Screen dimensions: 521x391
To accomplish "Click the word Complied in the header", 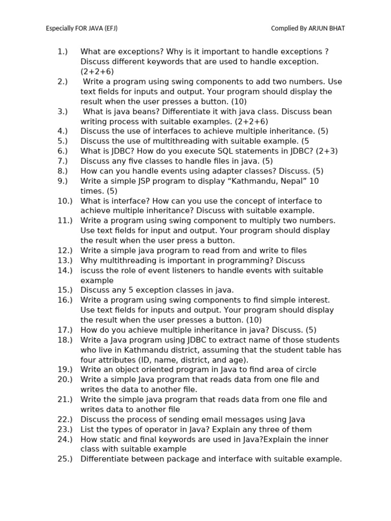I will click(284, 28).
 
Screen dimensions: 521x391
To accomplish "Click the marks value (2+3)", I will click(326, 151).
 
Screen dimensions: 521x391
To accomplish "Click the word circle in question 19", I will click(304, 370).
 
